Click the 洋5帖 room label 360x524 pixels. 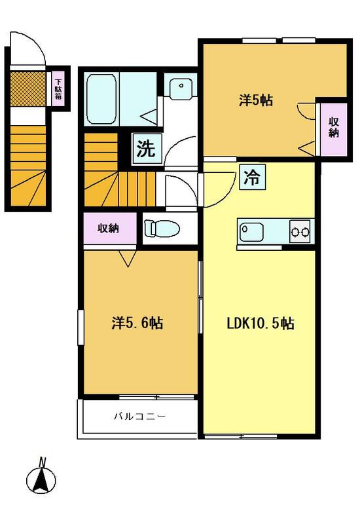pos(255,100)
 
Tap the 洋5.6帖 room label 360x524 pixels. pos(137,323)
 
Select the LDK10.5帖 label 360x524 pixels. pos(261,324)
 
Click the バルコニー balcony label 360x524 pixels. pos(140,417)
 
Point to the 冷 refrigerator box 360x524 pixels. pos(252,177)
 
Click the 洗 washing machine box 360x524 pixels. pos(147,149)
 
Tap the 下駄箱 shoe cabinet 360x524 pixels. pos(58,89)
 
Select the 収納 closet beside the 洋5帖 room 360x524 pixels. pos(334,129)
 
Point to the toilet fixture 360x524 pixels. pos(162,228)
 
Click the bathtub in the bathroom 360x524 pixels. pos(102,99)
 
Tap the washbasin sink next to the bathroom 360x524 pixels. pos(181,86)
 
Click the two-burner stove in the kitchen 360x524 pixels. pos(300,231)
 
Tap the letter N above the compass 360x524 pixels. pos(42,462)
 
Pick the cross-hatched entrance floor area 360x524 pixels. pos(28,88)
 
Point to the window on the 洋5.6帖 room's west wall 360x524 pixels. pos(81,327)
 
